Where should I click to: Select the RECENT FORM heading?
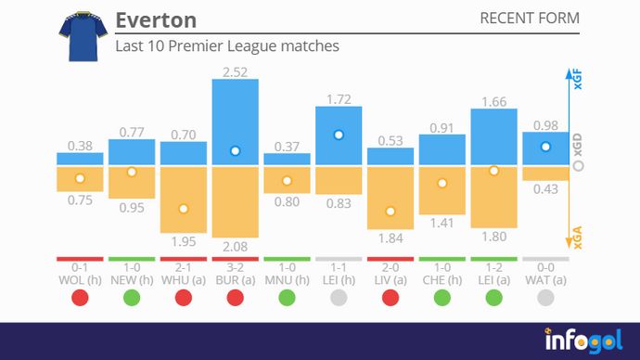[529, 19]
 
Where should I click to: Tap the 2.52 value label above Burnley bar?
[236, 70]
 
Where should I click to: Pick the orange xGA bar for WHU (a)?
[184, 199]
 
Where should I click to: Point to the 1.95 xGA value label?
[184, 241]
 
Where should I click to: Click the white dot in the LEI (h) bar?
[339, 135]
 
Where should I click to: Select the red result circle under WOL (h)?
[80, 298]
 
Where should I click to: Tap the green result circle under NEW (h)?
[132, 298]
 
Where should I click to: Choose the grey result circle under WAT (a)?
[545, 298]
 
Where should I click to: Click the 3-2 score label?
[236, 266]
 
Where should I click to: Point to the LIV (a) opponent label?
[390, 278]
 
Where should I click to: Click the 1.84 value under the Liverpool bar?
[390, 238]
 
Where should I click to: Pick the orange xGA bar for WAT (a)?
[545, 174]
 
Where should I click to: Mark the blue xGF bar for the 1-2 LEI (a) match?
[493, 137]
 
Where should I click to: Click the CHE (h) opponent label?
[442, 278]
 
